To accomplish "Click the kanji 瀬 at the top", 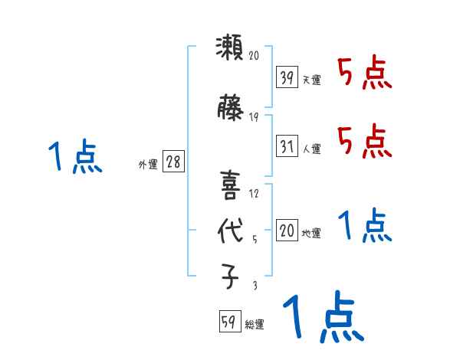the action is point(228,50).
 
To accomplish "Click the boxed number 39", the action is point(287,77).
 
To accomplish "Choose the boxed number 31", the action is point(287,146).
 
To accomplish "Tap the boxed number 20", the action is point(287,231).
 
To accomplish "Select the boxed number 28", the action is point(172,162).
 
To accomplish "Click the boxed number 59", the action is point(229,322).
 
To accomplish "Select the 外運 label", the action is point(147,164).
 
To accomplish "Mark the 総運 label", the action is point(255,325).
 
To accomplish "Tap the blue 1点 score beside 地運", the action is point(364,226).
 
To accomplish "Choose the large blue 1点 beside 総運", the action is point(321,316).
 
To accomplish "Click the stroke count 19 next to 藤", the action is point(254,117).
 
